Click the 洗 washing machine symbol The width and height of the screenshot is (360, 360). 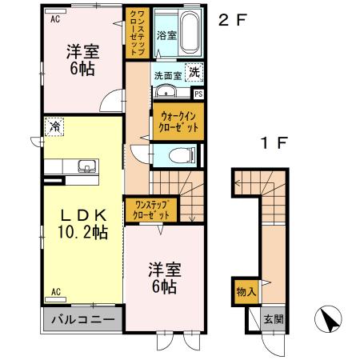(x=194, y=73)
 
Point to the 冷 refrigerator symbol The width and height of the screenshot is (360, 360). (x=54, y=126)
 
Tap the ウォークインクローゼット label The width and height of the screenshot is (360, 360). (x=178, y=122)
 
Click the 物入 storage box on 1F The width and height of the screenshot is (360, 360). (x=246, y=291)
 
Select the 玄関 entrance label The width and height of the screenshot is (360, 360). (x=274, y=319)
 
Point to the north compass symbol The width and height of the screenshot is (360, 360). (x=329, y=321)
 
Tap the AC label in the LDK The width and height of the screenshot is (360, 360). (x=55, y=291)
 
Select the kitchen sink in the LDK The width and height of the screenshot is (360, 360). (x=86, y=167)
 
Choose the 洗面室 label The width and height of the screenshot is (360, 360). (x=169, y=74)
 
